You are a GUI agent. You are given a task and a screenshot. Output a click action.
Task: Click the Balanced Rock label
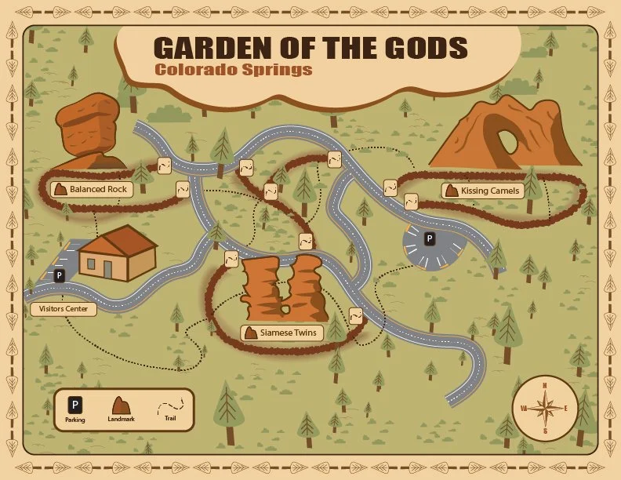91,189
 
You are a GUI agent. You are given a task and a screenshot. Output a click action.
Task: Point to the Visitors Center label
64,309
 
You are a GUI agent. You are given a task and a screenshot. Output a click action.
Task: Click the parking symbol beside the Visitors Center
59,275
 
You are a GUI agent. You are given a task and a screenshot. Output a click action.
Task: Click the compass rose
542,408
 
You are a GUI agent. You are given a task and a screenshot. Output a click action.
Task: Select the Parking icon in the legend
75,405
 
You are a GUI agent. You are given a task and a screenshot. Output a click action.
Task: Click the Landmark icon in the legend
121,405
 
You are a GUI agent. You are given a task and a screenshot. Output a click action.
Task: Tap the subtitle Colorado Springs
233,69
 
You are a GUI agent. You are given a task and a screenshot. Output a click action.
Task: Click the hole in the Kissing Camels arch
508,140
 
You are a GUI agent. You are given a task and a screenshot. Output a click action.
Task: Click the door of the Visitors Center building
107,268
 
